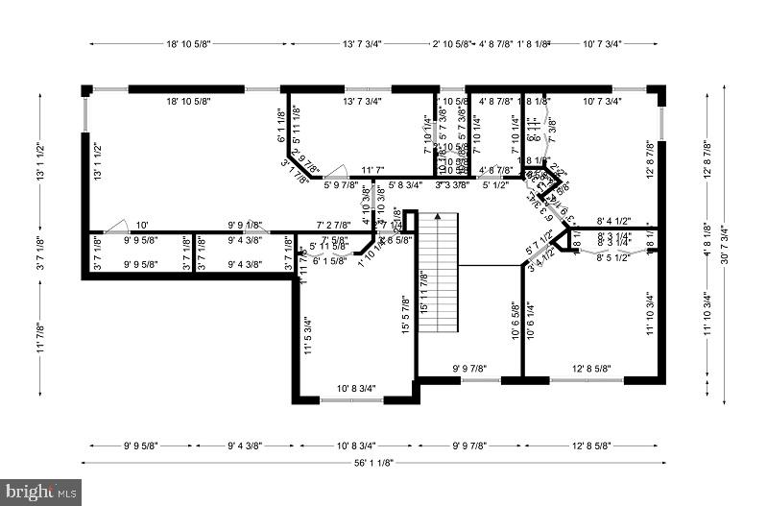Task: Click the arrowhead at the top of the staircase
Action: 438,218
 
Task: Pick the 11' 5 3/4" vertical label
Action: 307,336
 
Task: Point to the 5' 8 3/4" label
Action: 405,184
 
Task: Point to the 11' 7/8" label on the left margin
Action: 40,341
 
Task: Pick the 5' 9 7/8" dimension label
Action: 341,184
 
